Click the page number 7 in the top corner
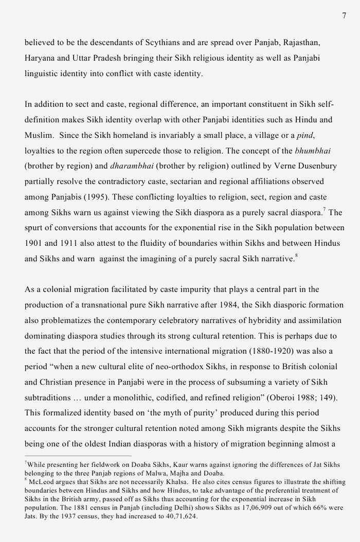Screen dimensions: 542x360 (344, 16)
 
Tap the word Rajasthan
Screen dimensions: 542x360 (305, 43)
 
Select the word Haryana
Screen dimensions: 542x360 (40, 58)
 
